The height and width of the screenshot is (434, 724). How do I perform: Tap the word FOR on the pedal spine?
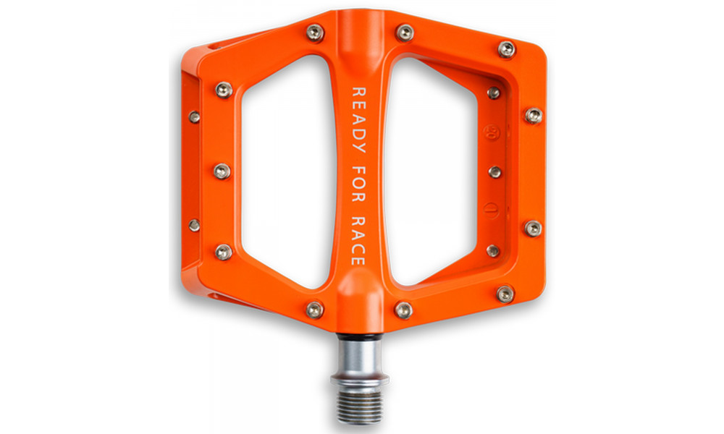(359, 181)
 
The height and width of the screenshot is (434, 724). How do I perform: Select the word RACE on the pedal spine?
(359, 242)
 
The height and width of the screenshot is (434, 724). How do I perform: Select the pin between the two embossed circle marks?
(494, 172)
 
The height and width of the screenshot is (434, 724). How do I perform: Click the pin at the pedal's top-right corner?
(507, 49)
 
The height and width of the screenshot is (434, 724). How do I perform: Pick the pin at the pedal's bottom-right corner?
(505, 293)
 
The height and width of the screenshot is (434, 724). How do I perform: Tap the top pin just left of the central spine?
(315, 33)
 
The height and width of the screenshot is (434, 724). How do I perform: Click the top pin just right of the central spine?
(405, 33)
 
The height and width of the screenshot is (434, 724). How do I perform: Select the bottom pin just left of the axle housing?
(315, 310)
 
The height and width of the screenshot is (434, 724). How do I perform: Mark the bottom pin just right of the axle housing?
(404, 310)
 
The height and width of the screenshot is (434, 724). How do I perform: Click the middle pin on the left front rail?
(222, 171)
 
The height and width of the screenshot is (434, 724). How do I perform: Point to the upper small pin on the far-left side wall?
(194, 116)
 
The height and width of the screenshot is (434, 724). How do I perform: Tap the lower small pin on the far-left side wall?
(194, 225)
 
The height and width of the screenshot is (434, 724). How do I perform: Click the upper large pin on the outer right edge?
(533, 115)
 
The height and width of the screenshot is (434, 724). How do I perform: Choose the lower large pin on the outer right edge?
(533, 228)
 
